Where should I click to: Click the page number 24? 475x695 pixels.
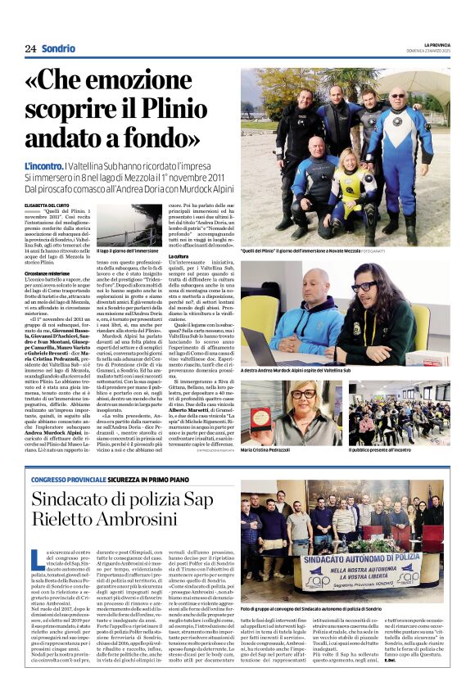(30, 48)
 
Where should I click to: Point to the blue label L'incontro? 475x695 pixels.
(43, 166)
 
